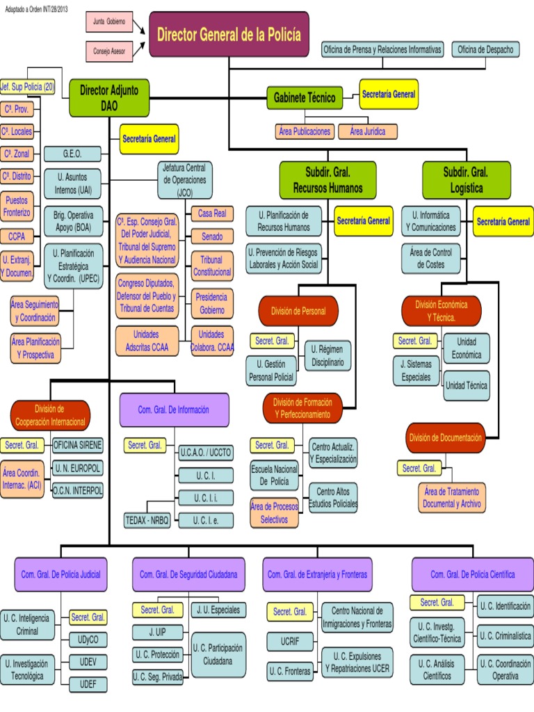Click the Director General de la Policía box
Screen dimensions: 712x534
point(229,34)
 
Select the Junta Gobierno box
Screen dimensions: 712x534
point(108,22)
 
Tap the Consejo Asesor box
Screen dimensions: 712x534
point(108,51)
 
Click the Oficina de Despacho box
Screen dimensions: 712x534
point(485,49)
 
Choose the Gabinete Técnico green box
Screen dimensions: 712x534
point(305,98)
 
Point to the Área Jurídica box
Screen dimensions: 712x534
point(368,131)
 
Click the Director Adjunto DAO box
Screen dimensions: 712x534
point(109,98)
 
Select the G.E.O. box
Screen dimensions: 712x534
point(72,154)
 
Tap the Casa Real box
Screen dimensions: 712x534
point(211,213)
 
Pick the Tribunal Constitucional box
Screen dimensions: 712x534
point(211,265)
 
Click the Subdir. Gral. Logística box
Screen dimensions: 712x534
point(467,179)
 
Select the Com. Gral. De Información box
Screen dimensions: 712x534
point(173,410)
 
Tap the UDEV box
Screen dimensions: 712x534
point(88,661)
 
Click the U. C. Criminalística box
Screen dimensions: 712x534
point(505,636)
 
